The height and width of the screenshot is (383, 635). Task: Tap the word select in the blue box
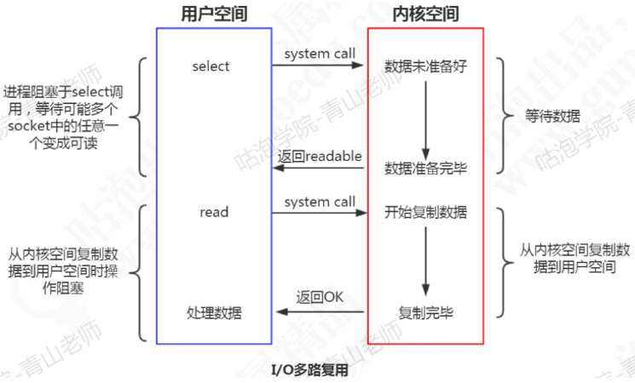coord(211,66)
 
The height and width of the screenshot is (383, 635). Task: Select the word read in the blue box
coord(213,211)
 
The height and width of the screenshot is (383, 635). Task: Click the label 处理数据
coord(214,312)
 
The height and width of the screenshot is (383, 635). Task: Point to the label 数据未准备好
coord(426,66)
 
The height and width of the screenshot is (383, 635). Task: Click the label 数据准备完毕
coord(426,166)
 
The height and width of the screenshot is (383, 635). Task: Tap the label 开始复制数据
coord(426,211)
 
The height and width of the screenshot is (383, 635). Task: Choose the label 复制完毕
coord(426,312)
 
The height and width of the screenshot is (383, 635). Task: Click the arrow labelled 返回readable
coord(320,169)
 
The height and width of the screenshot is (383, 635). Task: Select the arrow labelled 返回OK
coord(320,312)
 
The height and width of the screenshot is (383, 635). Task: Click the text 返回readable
coord(320,157)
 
